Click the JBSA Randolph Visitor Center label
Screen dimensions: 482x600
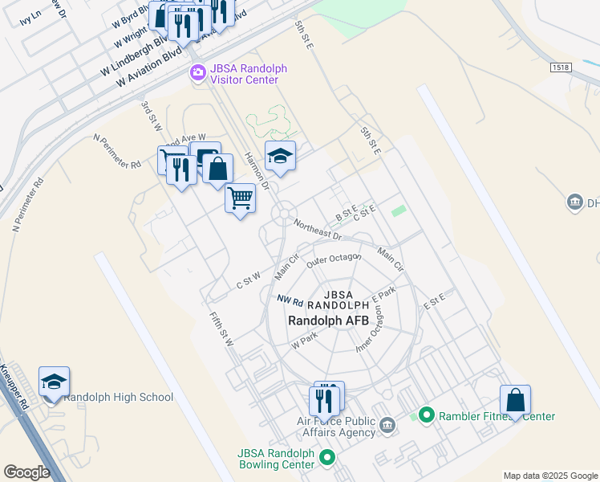[x=249, y=74]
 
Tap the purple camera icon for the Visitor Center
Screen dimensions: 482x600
[x=197, y=74]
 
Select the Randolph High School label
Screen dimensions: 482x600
[x=118, y=397]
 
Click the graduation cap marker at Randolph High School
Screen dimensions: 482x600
[x=54, y=381]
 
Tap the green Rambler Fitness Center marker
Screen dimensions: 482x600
[x=426, y=415]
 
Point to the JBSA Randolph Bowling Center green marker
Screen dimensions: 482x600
[x=326, y=458]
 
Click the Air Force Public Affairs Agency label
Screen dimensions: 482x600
[x=336, y=427]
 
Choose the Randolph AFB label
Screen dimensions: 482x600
[x=329, y=320]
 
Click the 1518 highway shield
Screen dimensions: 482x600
[x=561, y=67]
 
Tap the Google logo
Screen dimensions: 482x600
[x=27, y=472]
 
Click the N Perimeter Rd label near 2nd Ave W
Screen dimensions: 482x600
[x=117, y=151]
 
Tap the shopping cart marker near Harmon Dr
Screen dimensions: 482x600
[x=241, y=198]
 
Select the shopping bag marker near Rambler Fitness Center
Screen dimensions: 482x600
[x=515, y=399]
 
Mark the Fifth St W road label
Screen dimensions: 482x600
[x=221, y=329]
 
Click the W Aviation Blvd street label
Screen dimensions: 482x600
[x=149, y=68]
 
